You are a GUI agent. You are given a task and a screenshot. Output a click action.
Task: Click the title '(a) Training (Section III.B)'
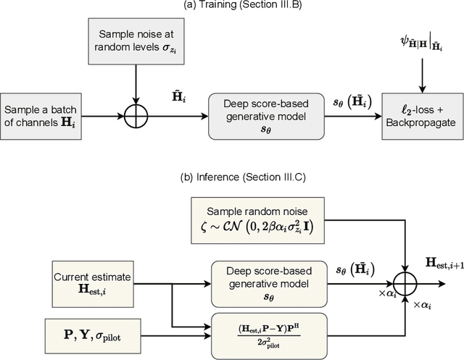231,7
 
